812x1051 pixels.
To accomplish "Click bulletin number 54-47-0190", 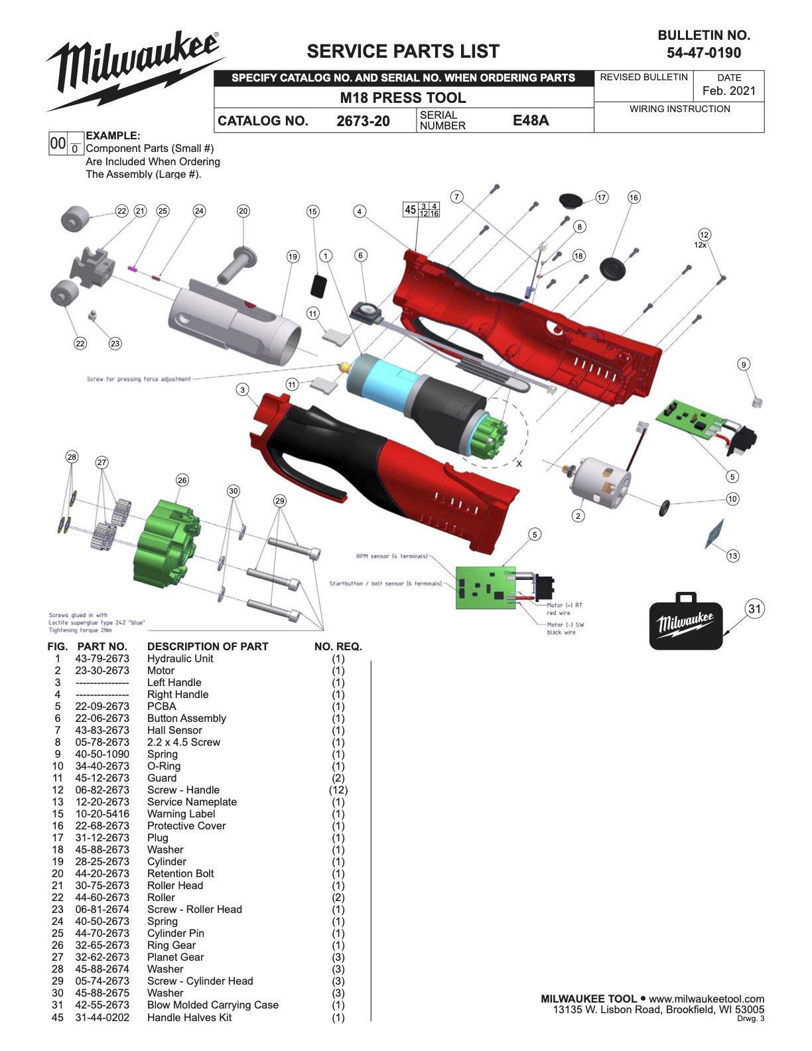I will pos(704,53).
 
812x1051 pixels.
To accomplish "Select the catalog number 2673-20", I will pos(363,121).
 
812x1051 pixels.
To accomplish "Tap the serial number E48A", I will pos(531,120).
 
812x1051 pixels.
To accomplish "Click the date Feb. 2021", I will pos(728,91).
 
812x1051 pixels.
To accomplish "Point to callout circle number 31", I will pos(754,608).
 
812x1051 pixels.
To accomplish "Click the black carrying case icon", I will pos(685,622).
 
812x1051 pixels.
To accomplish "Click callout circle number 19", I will pos(293,256).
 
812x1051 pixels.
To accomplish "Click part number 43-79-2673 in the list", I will pos(102,659).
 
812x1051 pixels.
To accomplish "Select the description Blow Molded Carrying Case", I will pos(212,1005).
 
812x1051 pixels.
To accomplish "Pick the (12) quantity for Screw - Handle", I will pos(338,790).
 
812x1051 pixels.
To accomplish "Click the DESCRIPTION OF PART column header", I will pos(208,646).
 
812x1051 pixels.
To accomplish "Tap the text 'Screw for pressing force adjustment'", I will pos(139,379).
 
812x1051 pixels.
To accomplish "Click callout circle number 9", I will pos(744,364).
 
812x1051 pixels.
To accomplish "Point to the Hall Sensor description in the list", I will pos(174,731).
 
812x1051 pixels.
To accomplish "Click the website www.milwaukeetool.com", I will pos(707,999).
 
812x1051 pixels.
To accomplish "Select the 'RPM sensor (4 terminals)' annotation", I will pos(391,556).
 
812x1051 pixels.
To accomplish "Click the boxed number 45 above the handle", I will pos(411,210).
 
